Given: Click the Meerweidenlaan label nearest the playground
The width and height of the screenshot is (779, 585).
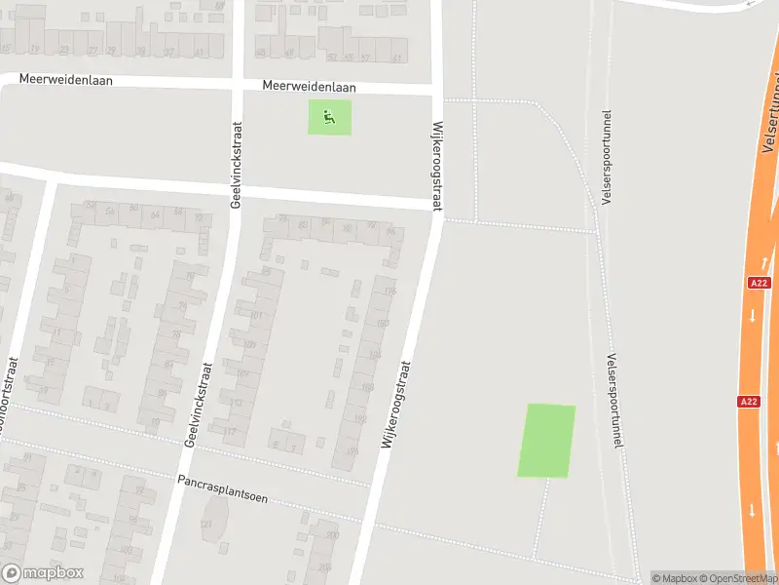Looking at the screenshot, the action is coord(309,87).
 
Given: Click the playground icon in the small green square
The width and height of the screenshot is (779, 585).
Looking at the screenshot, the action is coord(330,118).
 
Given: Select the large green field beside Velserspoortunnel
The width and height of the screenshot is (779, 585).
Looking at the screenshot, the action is coord(546,441).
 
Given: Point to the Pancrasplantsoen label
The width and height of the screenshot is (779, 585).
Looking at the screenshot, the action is coord(222,488).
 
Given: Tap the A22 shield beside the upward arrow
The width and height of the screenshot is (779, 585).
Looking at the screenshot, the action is coord(760,283).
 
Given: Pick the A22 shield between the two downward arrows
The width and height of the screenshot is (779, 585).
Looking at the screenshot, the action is coord(748,401).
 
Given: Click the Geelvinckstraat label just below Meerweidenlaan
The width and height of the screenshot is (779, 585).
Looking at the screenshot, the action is coord(235,165).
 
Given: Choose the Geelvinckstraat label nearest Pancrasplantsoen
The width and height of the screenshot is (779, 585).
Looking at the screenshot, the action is coord(198,405).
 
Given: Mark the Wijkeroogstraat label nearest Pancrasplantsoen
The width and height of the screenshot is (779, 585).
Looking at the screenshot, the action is coord(397,405).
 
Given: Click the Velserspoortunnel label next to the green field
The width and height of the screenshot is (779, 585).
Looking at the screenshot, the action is coord(613,400).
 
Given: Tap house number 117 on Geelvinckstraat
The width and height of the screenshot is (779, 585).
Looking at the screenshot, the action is coord(231,431).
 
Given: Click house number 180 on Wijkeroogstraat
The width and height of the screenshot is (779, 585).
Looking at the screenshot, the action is coord(382,324).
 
